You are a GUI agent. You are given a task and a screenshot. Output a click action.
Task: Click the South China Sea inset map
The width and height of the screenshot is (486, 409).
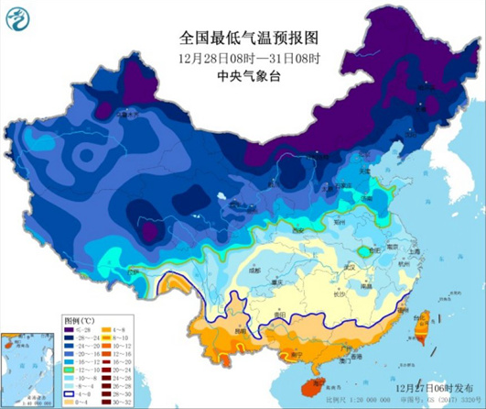tap(27, 368)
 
